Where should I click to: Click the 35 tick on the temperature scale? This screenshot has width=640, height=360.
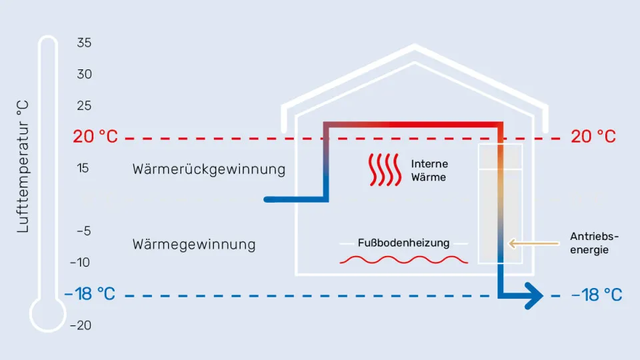[84, 43]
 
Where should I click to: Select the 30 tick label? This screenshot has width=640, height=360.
[84, 74]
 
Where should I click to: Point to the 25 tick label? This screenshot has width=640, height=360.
[84, 105]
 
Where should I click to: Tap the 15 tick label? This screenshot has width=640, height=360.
[83, 168]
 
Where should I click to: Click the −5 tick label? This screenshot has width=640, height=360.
[82, 231]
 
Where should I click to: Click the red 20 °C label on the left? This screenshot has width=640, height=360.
[95, 137]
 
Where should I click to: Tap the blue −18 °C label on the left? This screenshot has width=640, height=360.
[89, 295]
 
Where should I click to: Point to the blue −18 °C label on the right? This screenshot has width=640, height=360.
[597, 295]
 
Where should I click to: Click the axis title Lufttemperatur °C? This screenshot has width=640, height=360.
[23, 167]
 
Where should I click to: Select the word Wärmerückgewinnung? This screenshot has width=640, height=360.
[209, 169]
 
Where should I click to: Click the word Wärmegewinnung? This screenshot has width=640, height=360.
[194, 244]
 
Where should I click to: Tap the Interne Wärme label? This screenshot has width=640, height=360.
[429, 171]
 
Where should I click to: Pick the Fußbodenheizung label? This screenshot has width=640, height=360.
[403, 243]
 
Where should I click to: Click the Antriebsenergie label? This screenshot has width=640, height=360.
[595, 243]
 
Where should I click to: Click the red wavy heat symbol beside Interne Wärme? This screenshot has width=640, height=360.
[385, 171]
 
